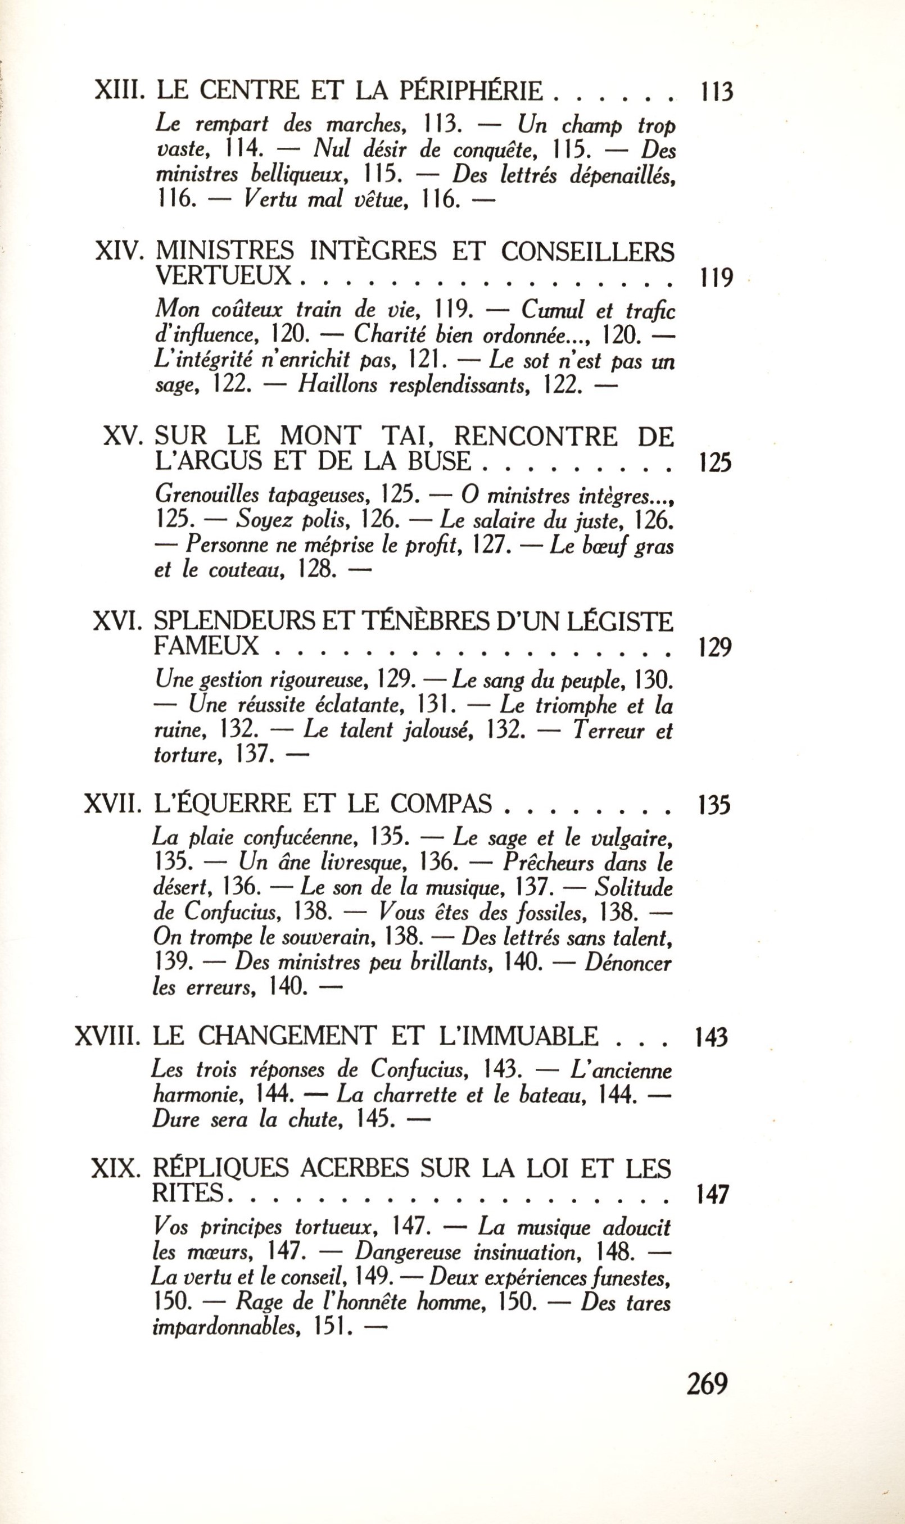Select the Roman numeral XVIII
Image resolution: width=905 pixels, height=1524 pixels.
tap(107, 1036)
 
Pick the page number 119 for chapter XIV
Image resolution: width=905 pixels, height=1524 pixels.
tap(713, 278)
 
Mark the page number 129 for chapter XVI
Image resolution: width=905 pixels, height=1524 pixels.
tap(713, 648)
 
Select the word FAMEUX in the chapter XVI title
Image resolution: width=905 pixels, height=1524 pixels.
tap(207, 646)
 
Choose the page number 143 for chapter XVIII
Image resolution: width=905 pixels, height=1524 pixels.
tap(711, 1037)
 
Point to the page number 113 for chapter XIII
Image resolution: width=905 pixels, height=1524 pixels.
tap(713, 93)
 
